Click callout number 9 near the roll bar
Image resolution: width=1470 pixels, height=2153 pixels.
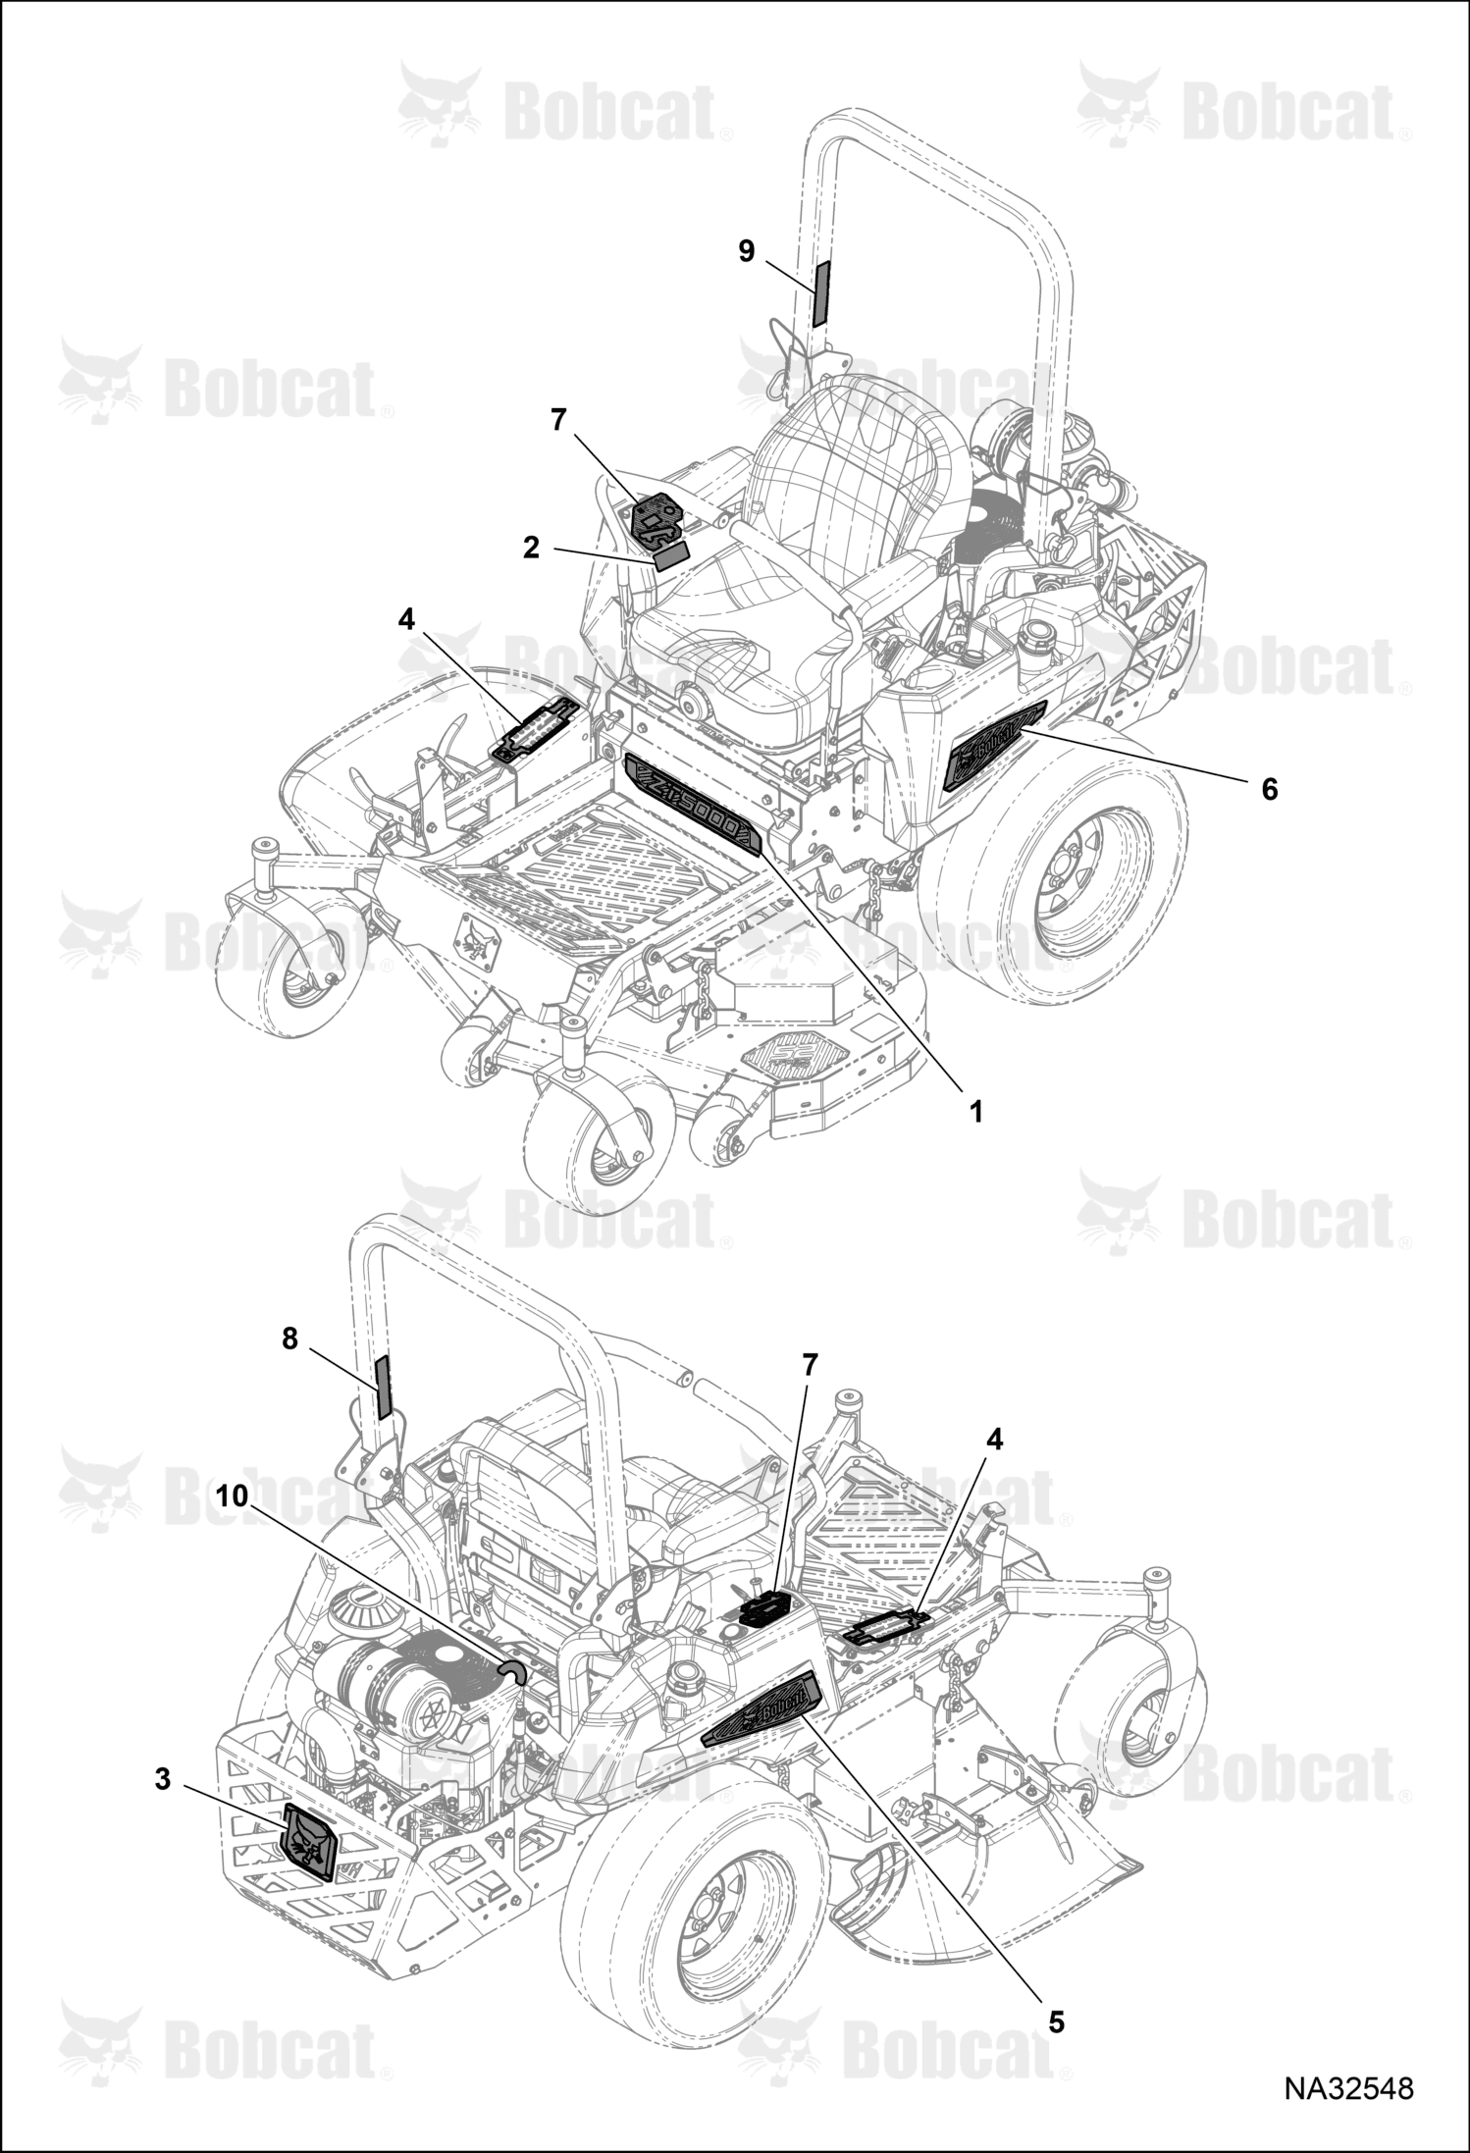click(x=747, y=251)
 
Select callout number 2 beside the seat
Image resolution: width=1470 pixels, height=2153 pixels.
click(x=531, y=548)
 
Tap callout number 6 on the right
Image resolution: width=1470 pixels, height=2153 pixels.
click(x=1270, y=788)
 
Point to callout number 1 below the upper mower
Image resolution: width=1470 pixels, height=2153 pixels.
click(x=975, y=1112)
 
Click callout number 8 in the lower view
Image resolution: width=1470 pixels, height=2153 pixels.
click(x=289, y=1339)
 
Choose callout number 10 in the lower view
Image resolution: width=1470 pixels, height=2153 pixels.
click(x=232, y=1496)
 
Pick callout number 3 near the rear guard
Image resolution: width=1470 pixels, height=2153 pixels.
click(x=163, y=1778)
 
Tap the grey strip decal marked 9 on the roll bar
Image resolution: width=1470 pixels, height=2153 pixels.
click(x=819, y=293)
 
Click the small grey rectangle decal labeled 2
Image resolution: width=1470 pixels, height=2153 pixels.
click(x=672, y=557)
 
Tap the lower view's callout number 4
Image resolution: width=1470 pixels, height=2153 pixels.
click(x=995, y=1440)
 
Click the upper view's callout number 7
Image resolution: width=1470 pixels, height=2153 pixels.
click(x=558, y=420)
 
